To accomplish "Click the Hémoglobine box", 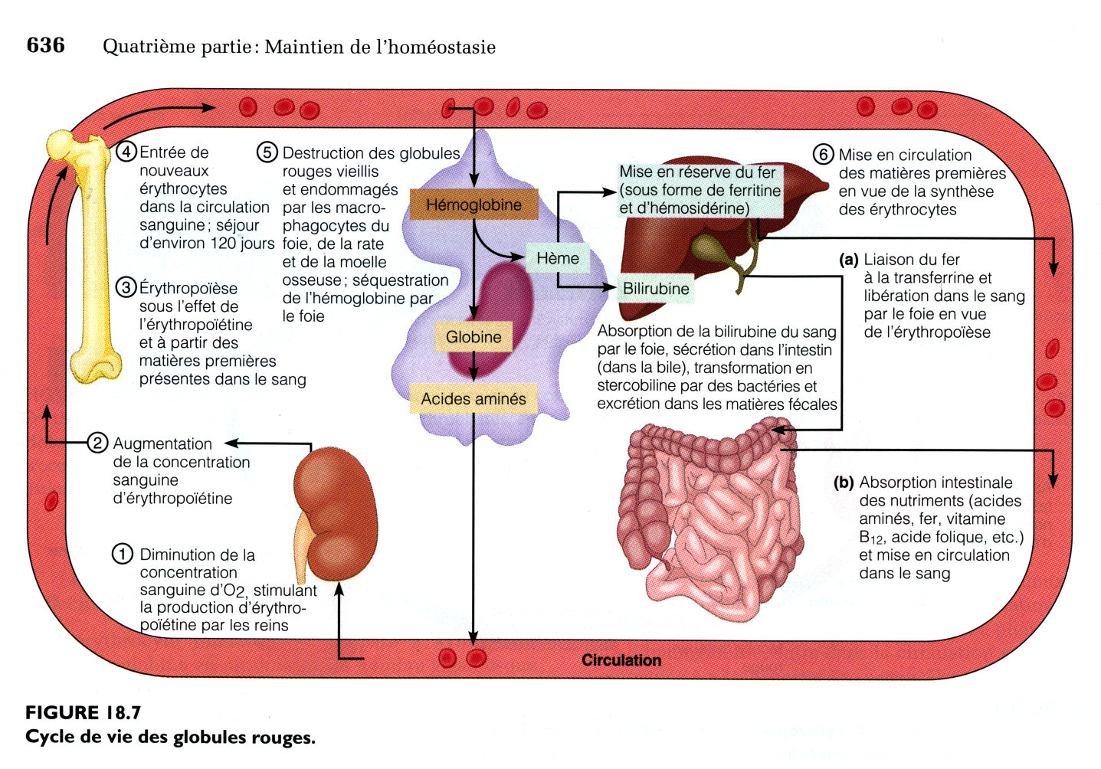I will (473, 205).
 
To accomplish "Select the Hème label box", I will (558, 259).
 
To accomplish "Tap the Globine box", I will (473, 337).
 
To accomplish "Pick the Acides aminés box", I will (473, 399).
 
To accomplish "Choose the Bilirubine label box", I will (656, 289).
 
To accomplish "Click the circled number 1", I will (123, 554).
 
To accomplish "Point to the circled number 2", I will (97, 443).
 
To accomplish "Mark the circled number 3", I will (126, 287).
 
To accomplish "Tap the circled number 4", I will (126, 152).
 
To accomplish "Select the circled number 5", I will (267, 152).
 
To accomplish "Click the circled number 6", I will (823, 154).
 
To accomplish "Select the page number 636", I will (45, 45).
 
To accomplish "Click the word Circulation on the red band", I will (621, 660).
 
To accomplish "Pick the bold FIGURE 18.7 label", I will (83, 712).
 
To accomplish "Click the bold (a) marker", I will (848, 260).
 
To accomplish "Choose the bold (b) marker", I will (844, 483).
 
